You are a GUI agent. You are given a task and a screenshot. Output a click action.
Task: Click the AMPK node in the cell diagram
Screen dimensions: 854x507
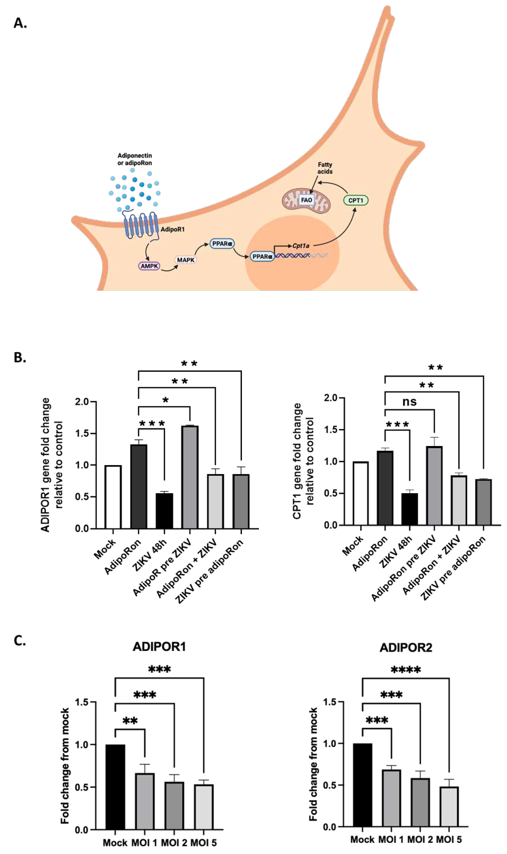[149, 266]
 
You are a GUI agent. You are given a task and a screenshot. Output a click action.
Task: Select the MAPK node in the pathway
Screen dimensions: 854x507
[186, 260]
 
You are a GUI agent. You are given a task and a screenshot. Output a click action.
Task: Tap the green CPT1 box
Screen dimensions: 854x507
[356, 200]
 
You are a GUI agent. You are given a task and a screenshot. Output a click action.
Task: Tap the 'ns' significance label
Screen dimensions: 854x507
[409, 401]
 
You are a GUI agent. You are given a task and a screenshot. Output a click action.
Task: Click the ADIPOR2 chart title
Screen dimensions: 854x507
[406, 648]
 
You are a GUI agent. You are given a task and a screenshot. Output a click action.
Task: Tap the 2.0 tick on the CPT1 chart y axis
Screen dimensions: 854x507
[330, 398]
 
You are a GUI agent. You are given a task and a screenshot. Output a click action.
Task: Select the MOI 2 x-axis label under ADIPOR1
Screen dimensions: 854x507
[174, 843]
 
